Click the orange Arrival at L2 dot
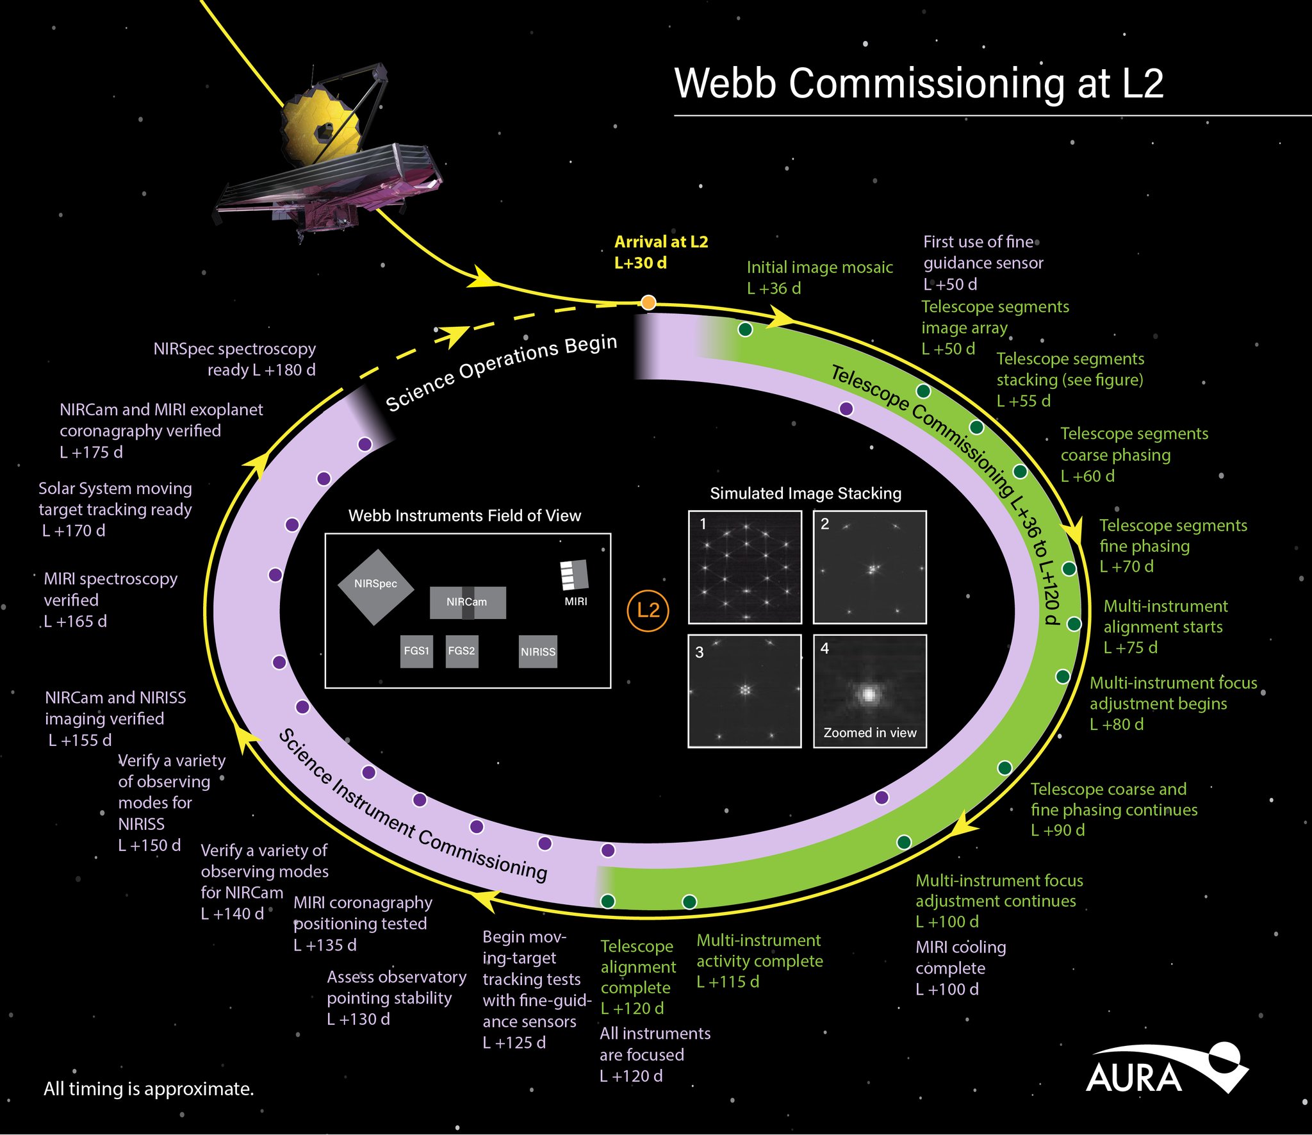click(x=648, y=302)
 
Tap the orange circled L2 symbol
click(x=648, y=610)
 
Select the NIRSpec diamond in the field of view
click(x=376, y=586)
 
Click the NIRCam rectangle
click(x=468, y=602)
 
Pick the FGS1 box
click(x=416, y=651)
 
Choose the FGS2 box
click(x=462, y=651)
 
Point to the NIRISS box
click(x=538, y=652)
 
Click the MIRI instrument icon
click(x=575, y=575)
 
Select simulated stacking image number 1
click(x=745, y=567)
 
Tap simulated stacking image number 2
click(x=870, y=567)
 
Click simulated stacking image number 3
click(x=744, y=691)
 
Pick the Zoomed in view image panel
click(x=870, y=691)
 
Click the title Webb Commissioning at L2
click(x=919, y=83)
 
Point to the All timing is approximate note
click(x=149, y=1089)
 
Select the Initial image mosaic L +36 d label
click(x=819, y=278)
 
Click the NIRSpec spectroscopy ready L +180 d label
click(x=234, y=359)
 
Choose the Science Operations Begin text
click(x=501, y=372)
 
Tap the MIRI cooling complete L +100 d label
click(x=960, y=968)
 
